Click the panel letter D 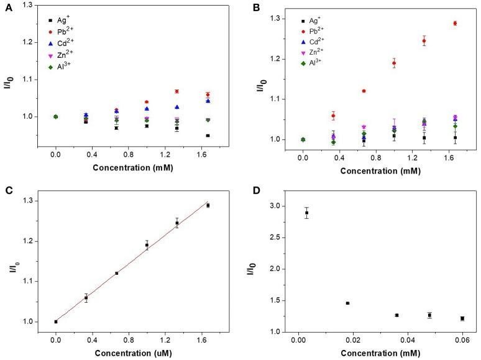coord(254,192)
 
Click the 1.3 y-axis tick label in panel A coord(29,5)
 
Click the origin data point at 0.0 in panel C coord(56,321)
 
